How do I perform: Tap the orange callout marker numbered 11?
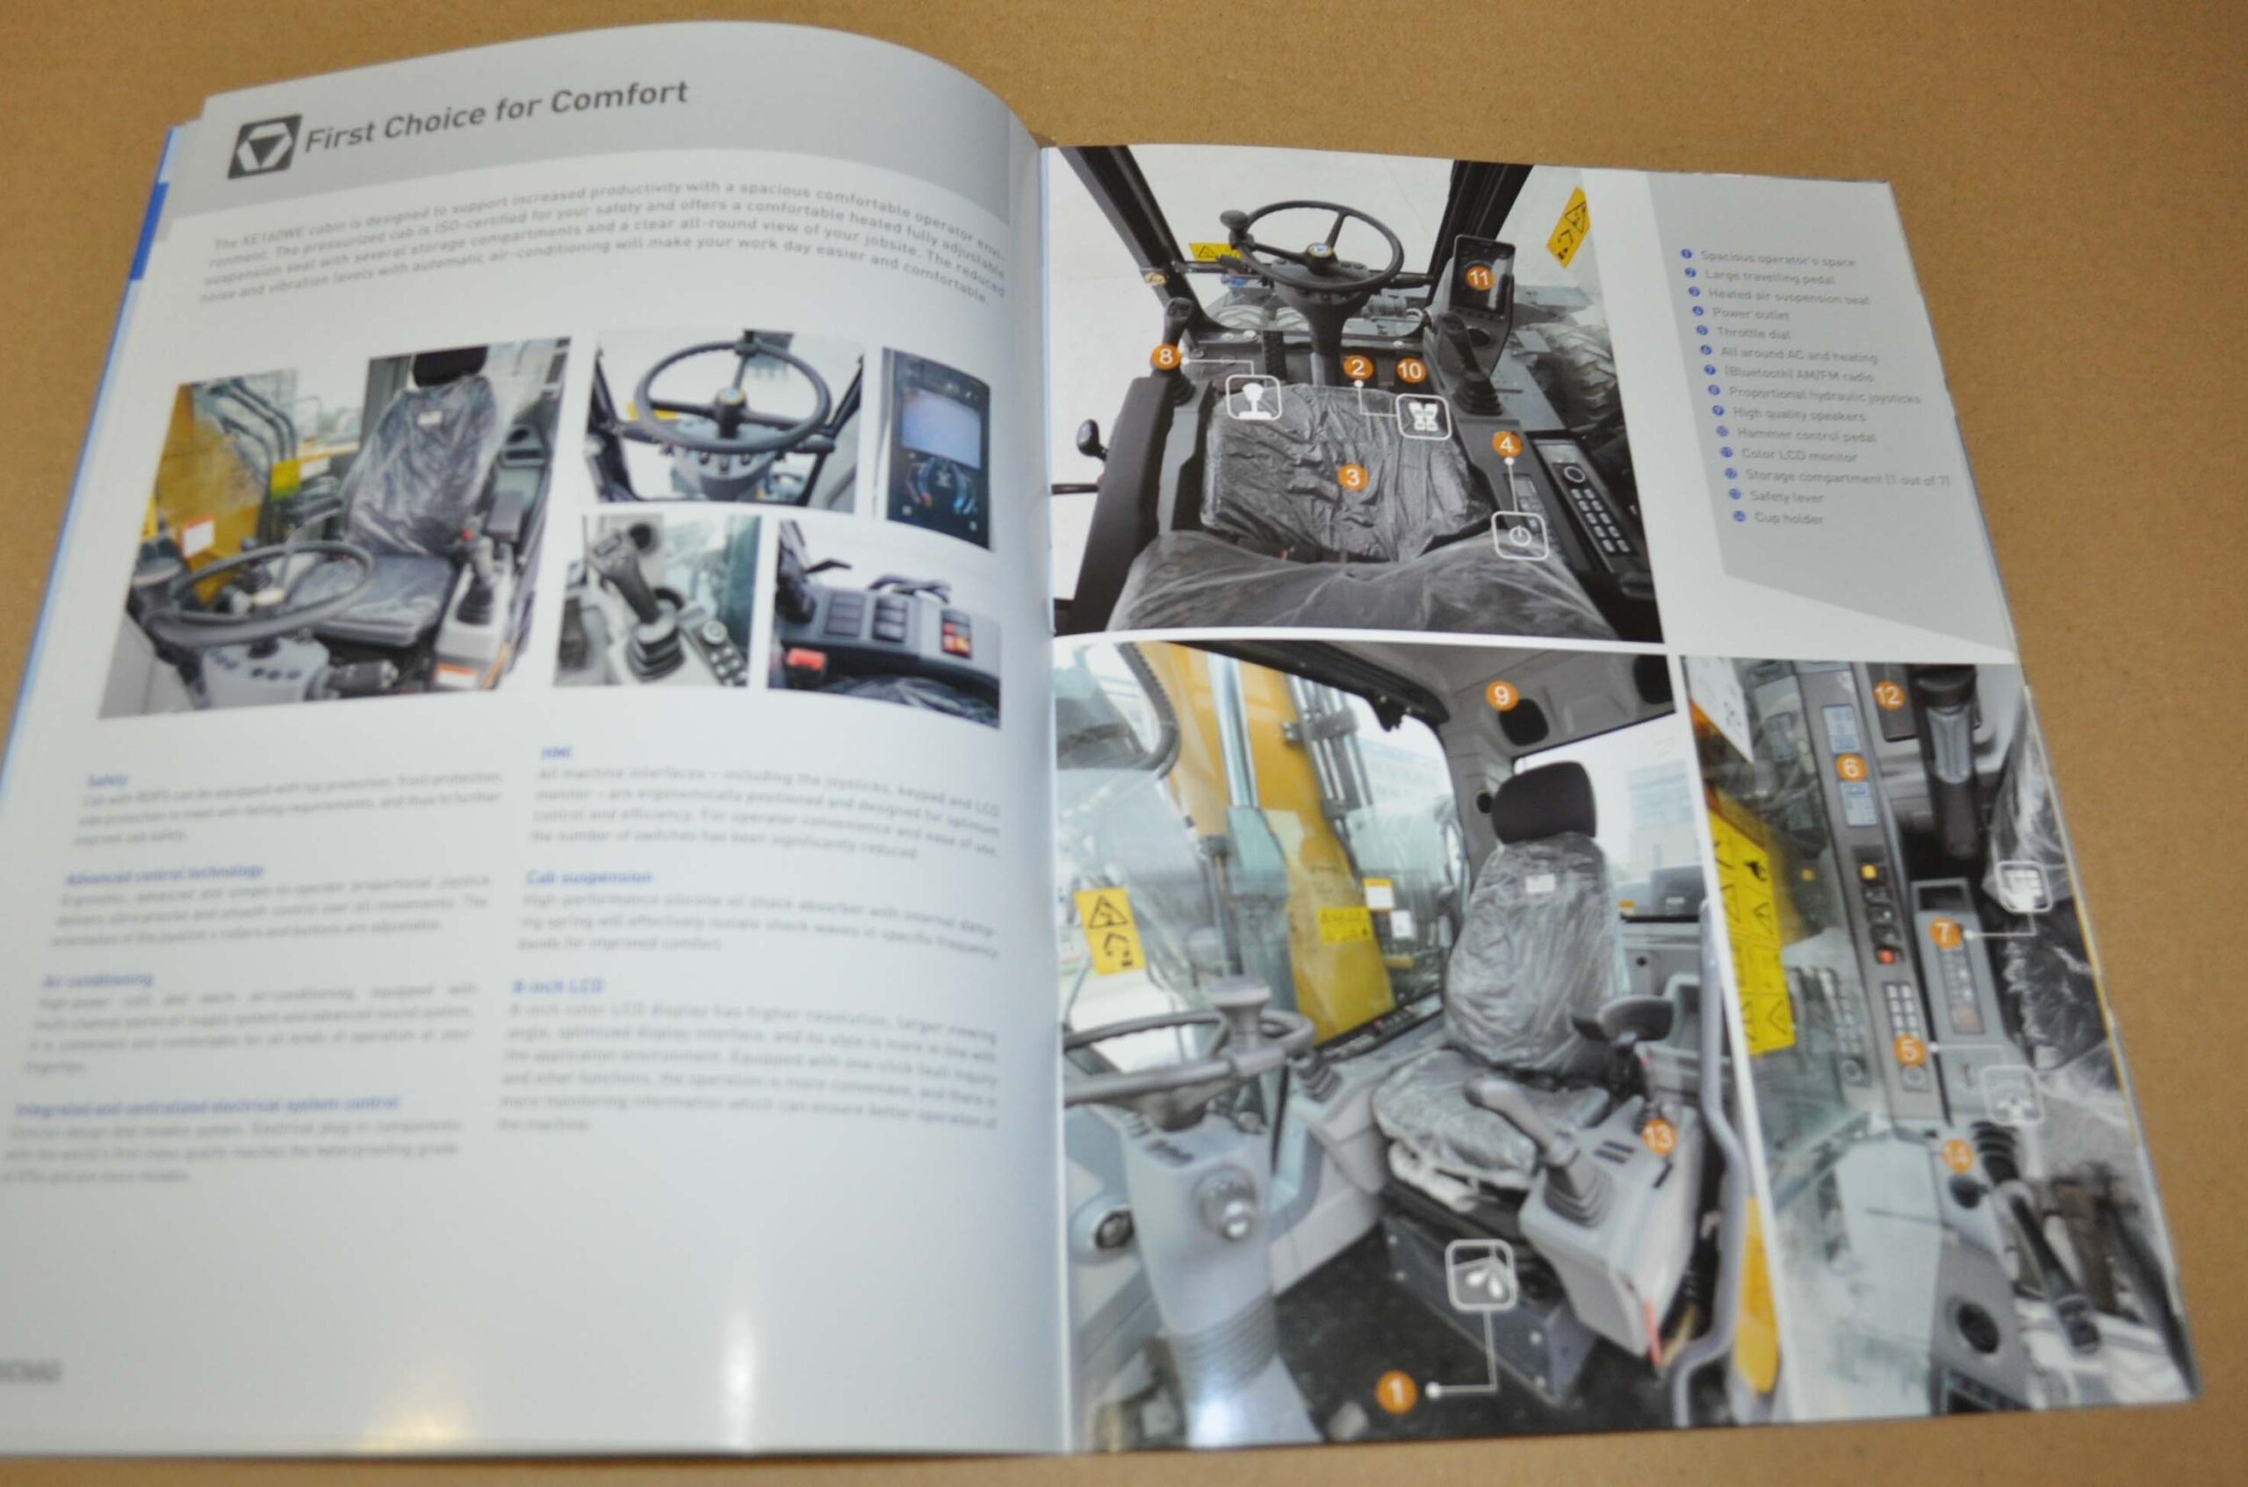pyautogui.click(x=1479, y=278)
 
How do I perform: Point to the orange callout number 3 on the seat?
pyautogui.click(x=1353, y=477)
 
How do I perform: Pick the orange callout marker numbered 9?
pyautogui.click(x=1501, y=696)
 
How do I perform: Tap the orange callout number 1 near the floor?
pyautogui.click(x=1395, y=1393)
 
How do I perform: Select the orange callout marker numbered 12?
pyautogui.click(x=1888, y=696)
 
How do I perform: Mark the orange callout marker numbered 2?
pyautogui.click(x=1358, y=368)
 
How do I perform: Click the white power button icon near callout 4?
pyautogui.click(x=1521, y=535)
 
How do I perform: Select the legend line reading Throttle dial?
pyautogui.click(x=1752, y=334)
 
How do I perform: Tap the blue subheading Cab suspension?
pyautogui.click(x=588, y=877)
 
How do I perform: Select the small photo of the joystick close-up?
pyautogui.click(x=656, y=600)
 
